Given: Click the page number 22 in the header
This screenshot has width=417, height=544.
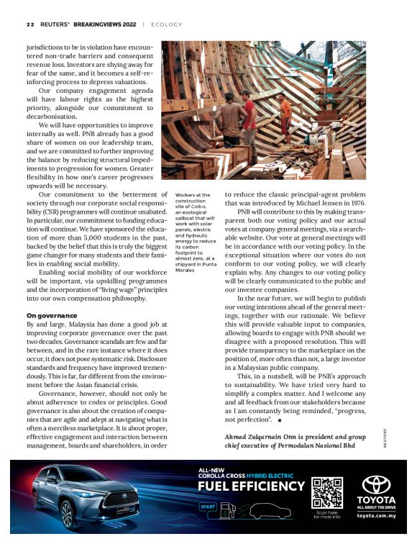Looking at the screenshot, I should coord(30,24).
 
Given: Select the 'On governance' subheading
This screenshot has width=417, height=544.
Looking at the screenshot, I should coord(52,315).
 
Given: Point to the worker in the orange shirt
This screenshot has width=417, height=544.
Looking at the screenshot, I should coord(285,114).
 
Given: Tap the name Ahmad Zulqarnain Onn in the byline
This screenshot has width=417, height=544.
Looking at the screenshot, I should coord(266,437).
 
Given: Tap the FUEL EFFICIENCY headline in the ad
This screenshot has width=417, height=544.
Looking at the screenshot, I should coord(252,486).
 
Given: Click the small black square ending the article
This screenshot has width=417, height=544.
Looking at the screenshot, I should coord(278,419).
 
